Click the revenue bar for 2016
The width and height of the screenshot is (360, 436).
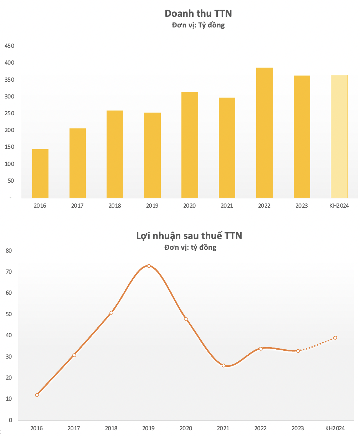point(40,173)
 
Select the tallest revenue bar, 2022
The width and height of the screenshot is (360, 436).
point(264,133)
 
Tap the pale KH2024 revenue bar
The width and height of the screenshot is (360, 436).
point(339,136)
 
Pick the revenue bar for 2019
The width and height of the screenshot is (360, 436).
point(152,155)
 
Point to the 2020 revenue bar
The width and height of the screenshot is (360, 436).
point(190,145)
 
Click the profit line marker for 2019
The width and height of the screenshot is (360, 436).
point(149,266)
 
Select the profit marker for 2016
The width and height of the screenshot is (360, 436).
point(37,395)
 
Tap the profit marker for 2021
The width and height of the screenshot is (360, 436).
point(223,365)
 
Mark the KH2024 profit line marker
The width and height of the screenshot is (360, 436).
point(335,338)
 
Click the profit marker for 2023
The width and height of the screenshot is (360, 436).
point(298,351)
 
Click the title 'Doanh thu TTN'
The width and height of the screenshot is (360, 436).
point(198,14)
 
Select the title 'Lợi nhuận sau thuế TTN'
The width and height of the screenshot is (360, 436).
point(189,235)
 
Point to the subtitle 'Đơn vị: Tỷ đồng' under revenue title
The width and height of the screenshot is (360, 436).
point(198,25)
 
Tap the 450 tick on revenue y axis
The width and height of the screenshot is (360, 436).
point(9,46)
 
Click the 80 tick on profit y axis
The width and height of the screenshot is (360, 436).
point(9,251)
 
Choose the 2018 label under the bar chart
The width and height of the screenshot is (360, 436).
point(115,206)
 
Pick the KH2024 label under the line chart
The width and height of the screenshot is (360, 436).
point(335,428)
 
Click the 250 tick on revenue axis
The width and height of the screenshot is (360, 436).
point(9,113)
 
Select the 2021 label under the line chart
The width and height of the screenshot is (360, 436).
point(223,428)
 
